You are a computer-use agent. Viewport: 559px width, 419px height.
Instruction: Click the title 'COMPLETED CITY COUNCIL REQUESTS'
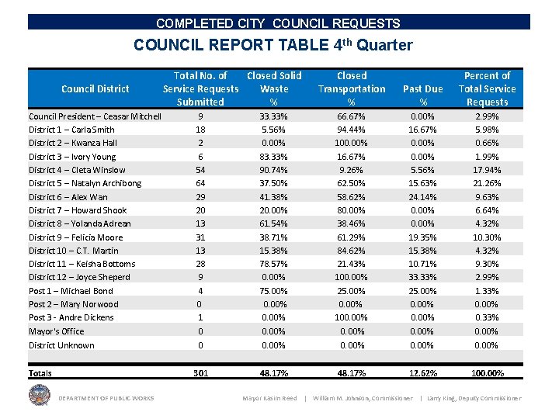point(278,24)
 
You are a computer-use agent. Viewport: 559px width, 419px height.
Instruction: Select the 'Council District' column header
point(95,88)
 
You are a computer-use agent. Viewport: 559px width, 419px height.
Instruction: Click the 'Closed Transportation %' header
point(351,88)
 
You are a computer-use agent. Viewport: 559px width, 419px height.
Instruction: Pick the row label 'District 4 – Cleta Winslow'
point(77,170)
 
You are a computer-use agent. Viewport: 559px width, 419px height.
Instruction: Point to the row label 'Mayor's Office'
point(57,331)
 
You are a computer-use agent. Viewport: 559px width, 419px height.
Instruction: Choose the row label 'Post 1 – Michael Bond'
point(71,291)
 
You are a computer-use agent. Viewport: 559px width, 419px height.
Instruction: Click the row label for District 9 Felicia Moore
point(75,237)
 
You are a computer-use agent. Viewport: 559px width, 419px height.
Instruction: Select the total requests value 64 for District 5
point(201,183)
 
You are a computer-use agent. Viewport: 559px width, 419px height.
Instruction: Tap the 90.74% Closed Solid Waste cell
point(273,170)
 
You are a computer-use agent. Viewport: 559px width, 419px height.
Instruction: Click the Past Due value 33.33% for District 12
point(423,277)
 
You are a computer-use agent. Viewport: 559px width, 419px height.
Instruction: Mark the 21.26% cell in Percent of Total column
point(487,183)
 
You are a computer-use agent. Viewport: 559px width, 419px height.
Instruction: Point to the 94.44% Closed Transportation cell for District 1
point(352,130)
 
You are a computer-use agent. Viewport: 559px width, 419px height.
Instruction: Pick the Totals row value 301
point(201,373)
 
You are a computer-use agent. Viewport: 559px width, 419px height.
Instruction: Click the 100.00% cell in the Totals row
point(487,373)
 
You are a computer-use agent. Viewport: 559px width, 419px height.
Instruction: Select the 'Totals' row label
point(40,373)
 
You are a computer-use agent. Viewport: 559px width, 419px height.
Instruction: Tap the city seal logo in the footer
point(39,396)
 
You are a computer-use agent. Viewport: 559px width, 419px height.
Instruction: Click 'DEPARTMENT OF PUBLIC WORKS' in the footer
point(106,399)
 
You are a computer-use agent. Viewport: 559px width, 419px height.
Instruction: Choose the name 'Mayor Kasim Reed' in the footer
point(269,399)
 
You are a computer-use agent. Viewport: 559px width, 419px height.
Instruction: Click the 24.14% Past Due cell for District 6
point(423,197)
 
